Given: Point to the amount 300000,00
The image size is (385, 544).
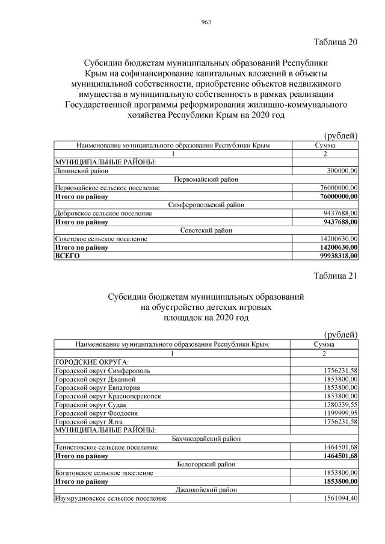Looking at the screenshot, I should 337,171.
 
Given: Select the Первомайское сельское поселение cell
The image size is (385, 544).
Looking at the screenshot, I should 107,188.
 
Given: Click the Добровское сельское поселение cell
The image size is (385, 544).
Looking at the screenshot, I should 103,213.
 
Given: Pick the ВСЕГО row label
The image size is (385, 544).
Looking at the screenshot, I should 67,255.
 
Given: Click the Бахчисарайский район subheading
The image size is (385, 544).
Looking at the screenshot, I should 206,439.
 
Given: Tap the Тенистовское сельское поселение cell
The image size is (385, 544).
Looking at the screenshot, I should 106,447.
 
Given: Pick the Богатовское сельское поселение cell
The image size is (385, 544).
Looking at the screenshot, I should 105,473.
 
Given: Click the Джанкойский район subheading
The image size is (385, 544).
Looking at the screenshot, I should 206,490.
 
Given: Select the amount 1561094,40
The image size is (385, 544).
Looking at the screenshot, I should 336,498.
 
